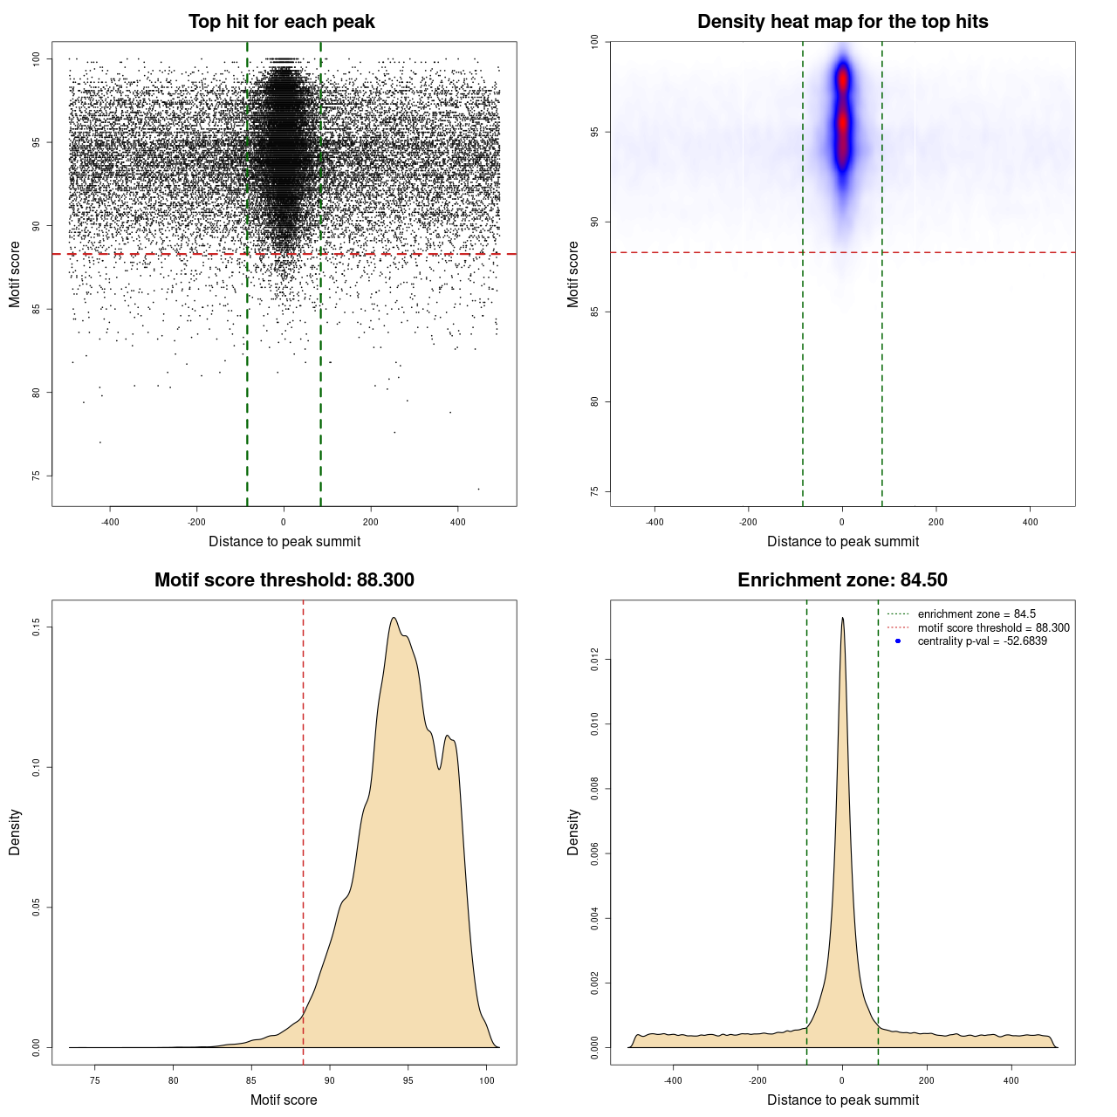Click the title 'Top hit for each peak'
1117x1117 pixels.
[281, 22]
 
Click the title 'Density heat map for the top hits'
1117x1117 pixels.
[842, 22]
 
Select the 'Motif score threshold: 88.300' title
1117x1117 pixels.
[284, 580]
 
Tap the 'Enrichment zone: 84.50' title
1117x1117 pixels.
[842, 580]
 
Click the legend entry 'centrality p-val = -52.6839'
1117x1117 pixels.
[982, 641]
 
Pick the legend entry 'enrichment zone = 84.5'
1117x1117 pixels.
[977, 614]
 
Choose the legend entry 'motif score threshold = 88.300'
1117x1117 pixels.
[993, 628]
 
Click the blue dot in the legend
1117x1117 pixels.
[898, 641]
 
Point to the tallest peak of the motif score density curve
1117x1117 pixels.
[394, 618]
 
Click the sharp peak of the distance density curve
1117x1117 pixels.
[842, 618]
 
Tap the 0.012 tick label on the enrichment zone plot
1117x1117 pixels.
[595, 661]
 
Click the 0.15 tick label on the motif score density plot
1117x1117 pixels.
[37, 627]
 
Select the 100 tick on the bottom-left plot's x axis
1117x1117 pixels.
[487, 1080]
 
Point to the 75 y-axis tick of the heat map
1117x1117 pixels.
[595, 492]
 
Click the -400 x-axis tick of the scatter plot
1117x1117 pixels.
[110, 522]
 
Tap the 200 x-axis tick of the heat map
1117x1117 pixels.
[936, 522]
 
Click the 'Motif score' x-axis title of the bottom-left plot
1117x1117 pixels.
[284, 1100]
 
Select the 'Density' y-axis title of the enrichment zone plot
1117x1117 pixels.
[573, 832]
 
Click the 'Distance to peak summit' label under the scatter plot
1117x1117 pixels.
[284, 541]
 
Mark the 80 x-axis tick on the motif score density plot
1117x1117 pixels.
[174, 1080]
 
